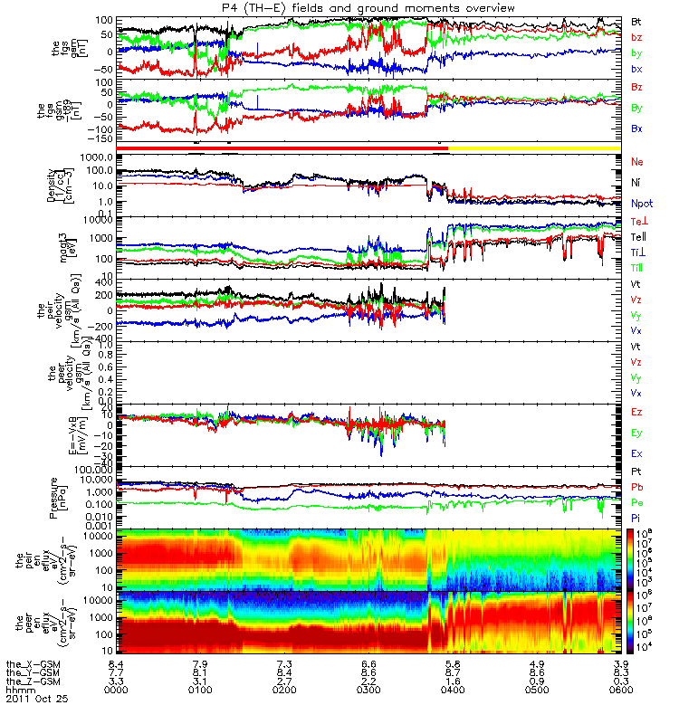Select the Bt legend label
[x=637, y=21]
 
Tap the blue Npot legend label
[x=641, y=204]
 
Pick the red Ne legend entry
[x=637, y=161]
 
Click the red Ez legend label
[x=637, y=412]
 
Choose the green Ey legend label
[x=637, y=433]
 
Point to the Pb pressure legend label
[x=637, y=488]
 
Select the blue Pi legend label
[x=636, y=518]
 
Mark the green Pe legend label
[x=637, y=502]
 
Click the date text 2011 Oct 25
[x=36, y=699]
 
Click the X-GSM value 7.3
[x=283, y=663]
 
